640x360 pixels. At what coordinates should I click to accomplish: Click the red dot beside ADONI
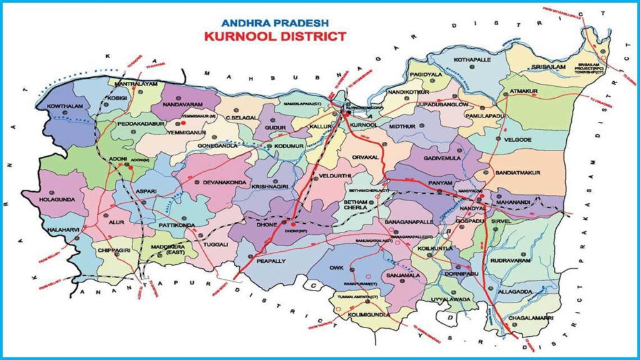pos(131,167)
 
